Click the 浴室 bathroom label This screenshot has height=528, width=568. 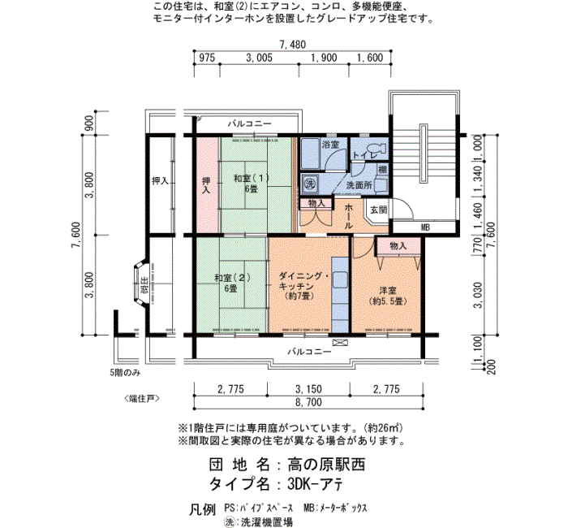[x=330, y=145]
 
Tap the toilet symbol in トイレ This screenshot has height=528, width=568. [x=377, y=149]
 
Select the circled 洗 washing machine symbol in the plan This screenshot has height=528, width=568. [x=310, y=184]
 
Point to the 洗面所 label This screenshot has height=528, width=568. [x=359, y=185]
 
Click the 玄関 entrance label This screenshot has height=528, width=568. [x=379, y=210]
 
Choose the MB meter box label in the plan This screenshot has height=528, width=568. [x=425, y=227]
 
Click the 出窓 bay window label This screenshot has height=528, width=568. [x=144, y=284]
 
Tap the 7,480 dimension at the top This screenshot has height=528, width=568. [x=293, y=44]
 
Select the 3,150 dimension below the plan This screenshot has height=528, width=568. [x=308, y=389]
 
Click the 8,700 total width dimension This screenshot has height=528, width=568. [x=308, y=402]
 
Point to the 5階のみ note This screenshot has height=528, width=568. [x=125, y=372]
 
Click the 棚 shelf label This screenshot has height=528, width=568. [x=382, y=169]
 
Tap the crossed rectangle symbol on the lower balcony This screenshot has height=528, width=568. [x=340, y=343]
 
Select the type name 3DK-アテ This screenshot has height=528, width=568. [x=315, y=484]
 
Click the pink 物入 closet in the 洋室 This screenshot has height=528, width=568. [x=398, y=246]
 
